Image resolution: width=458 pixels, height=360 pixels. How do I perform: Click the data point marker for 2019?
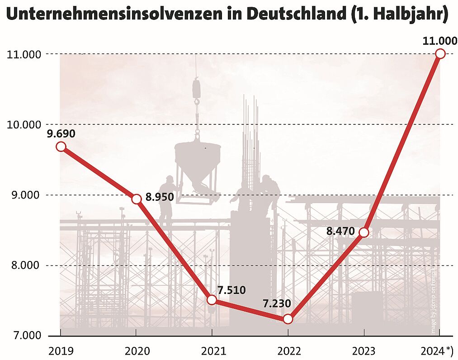click(61, 147)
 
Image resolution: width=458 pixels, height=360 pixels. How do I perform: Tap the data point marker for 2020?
click(137, 199)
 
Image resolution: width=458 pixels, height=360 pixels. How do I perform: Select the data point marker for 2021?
click(212, 300)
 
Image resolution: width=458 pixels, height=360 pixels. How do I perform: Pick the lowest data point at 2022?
click(288, 319)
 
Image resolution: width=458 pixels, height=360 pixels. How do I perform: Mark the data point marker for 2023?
click(364, 232)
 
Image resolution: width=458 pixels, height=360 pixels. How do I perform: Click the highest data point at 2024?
click(440, 54)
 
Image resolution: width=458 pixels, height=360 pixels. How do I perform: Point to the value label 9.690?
click(61, 134)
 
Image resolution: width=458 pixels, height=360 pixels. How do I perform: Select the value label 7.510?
click(231, 290)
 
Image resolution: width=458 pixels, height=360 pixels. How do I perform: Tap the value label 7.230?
click(276, 303)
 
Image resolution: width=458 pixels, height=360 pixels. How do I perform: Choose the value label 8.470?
click(341, 231)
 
